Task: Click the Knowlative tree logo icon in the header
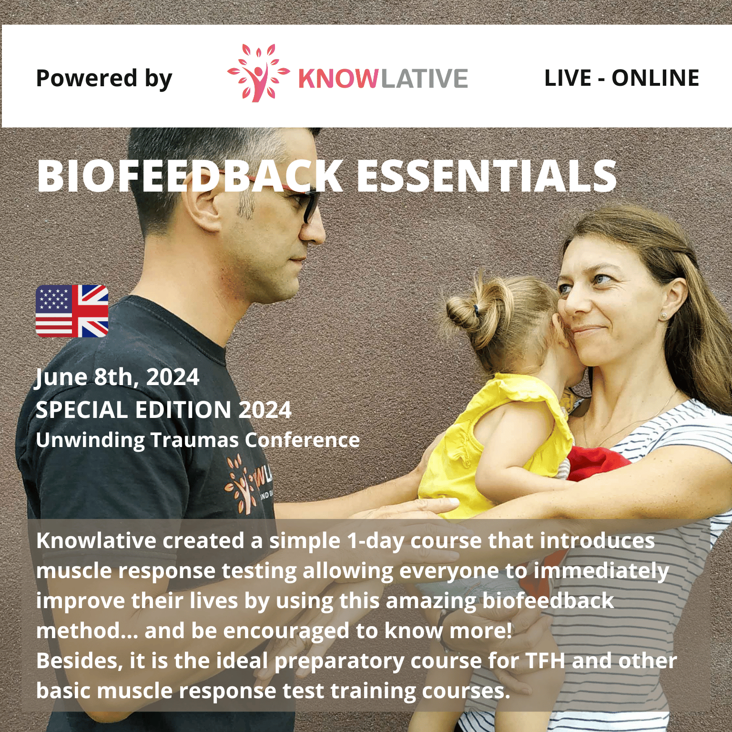pos(258,73)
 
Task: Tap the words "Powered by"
pos(104,79)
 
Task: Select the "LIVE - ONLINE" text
pos(621,78)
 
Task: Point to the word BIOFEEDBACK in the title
pos(190,176)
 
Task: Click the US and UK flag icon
pos(72,311)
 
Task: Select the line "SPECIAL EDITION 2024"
pos(163,410)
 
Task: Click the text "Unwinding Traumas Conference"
pos(198,440)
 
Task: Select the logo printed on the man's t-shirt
pos(249,484)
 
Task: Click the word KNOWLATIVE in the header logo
pos(383,79)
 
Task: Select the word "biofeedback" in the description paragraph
pos(548,601)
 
